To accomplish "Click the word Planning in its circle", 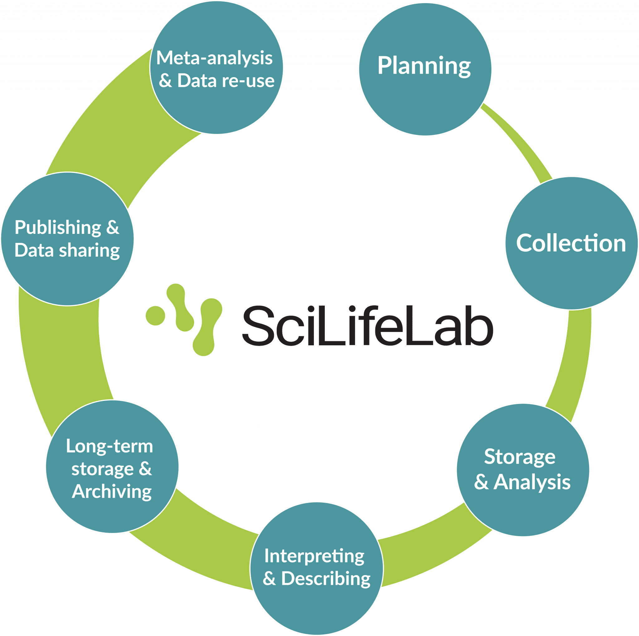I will [424, 66].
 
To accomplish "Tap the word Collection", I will [571, 243].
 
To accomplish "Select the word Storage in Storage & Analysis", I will [519, 457].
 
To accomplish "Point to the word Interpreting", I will [314, 556].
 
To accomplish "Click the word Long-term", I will [110, 446].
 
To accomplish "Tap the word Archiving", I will [112, 491].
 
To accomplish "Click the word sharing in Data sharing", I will [89, 250].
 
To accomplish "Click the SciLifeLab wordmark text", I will [367, 326].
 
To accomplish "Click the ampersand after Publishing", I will [113, 228].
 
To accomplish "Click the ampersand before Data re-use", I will [165, 81].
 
